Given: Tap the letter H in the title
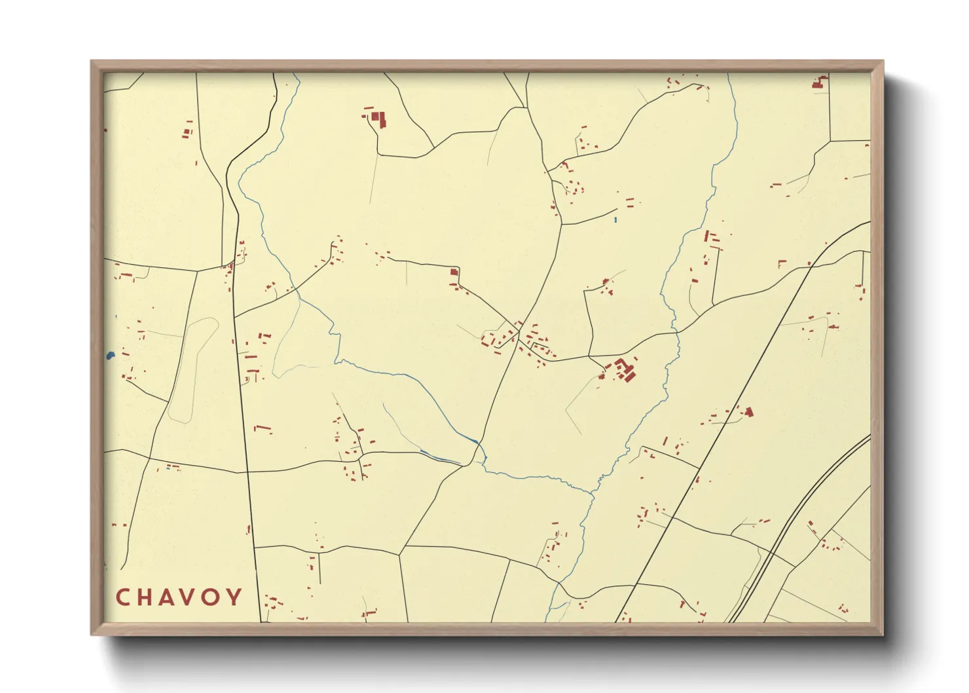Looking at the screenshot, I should pyautogui.click(x=145, y=597).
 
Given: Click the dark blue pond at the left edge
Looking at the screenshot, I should pyautogui.click(x=110, y=356).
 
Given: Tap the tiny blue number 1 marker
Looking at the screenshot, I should pyautogui.click(x=615, y=219).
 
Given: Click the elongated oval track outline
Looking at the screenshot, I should pyautogui.click(x=194, y=370).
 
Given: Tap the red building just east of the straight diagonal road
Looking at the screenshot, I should pyautogui.click(x=748, y=412).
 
